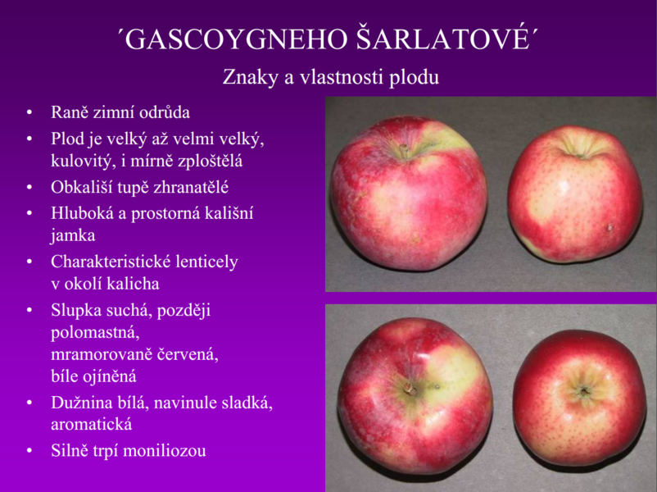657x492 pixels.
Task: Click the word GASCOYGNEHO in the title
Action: tap(236, 39)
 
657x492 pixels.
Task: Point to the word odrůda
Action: tap(165, 112)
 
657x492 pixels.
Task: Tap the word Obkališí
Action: tap(81, 187)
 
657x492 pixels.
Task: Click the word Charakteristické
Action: tap(111, 262)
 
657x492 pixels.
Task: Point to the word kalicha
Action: tap(133, 284)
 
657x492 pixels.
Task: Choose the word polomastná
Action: tap(95, 333)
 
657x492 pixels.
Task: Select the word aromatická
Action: tap(92, 425)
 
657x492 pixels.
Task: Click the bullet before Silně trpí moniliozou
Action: tap(29, 451)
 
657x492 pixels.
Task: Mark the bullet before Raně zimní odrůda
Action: tap(29, 113)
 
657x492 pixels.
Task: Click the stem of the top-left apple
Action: tap(404, 151)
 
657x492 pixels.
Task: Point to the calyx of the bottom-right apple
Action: tap(583, 391)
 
